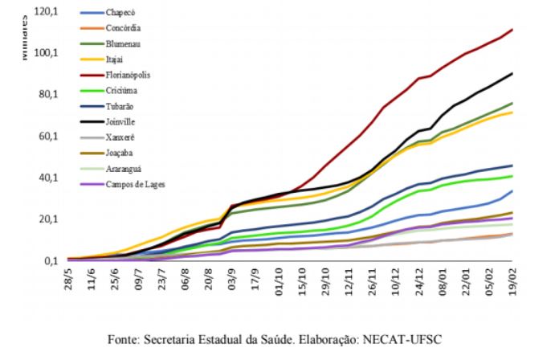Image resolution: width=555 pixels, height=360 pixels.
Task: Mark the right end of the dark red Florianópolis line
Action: (512, 30)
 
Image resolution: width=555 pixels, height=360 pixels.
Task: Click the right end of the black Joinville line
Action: (512, 73)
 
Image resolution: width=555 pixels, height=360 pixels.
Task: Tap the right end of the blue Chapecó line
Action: (512, 191)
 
